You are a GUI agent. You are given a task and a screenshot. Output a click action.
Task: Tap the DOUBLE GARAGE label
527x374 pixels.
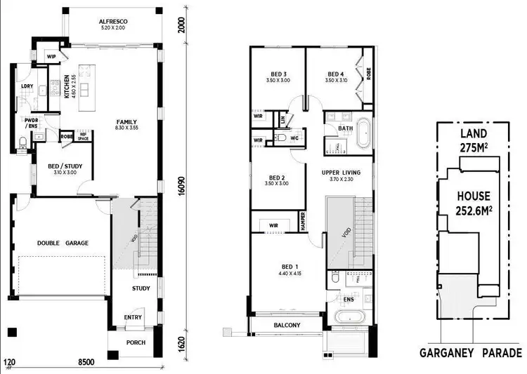[x=63, y=243]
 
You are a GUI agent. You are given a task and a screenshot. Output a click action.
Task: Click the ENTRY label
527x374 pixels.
[x=132, y=317]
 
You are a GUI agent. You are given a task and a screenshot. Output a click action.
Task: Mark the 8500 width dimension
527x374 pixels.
[x=86, y=363]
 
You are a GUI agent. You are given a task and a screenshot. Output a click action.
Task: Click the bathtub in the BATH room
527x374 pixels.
[x=364, y=135]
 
